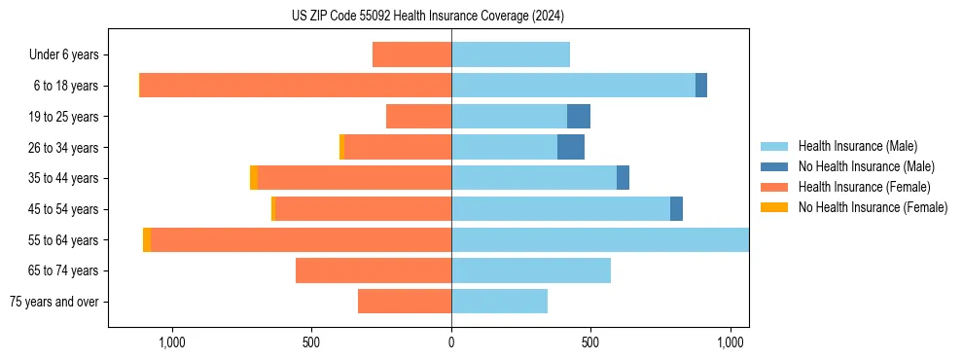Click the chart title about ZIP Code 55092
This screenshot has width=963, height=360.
428,17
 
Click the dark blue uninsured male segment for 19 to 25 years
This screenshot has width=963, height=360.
579,117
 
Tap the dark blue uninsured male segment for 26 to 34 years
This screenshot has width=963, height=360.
571,147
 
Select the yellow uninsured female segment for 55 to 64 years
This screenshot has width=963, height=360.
147,240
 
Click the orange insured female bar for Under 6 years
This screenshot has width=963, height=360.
411,54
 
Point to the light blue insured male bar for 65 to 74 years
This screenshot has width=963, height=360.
531,270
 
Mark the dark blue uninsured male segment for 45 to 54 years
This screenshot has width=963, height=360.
676,209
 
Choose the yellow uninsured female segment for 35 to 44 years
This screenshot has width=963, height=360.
254,178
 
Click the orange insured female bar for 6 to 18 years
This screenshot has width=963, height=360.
296,86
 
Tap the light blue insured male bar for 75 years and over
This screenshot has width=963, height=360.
499,302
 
